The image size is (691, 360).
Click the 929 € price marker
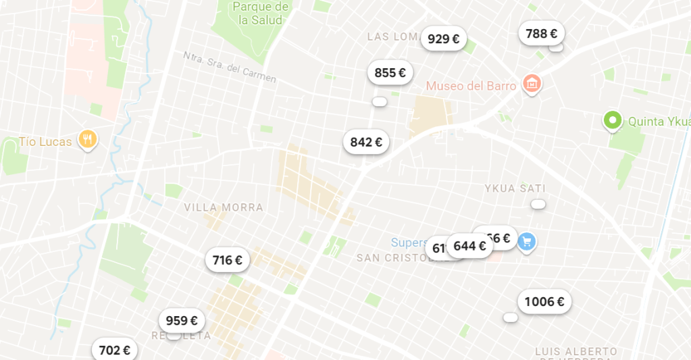point(443,39)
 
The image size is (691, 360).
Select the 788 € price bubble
point(541,34)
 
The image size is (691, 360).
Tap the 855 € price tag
point(390,73)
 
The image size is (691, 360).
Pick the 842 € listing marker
point(366,143)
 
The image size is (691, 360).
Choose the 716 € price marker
point(227,260)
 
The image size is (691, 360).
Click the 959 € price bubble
point(182,321)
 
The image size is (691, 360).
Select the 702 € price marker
point(114,350)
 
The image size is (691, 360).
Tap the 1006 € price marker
point(544,302)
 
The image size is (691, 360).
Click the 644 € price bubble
point(469,247)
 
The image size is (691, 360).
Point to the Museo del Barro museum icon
point(532,84)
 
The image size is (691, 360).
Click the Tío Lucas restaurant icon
point(87,140)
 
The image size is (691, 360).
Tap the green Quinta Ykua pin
point(612,121)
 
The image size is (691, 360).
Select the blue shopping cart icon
point(527,240)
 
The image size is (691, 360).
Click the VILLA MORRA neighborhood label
point(224,207)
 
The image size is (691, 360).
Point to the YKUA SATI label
point(515,188)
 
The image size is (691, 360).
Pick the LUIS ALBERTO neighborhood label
point(575,352)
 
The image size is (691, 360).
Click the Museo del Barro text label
point(471,86)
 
